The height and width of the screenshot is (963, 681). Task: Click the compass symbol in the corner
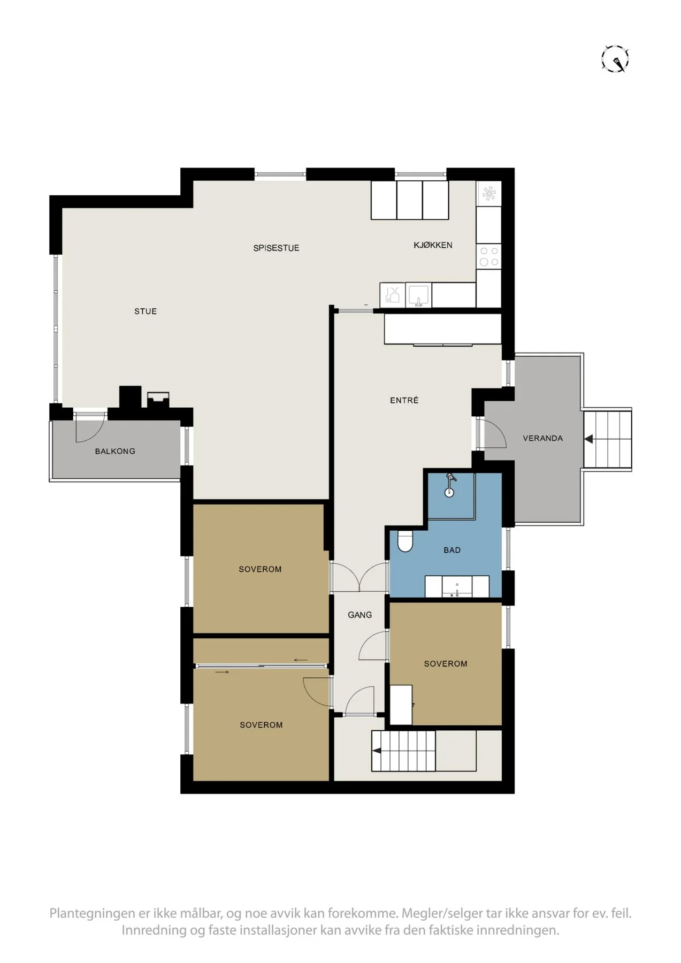615,59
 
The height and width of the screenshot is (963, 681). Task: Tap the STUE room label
146,311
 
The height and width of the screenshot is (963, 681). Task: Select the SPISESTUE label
276,248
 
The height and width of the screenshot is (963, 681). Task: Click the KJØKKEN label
433,245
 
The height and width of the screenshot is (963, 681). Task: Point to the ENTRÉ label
404,400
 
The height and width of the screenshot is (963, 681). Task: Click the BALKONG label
115,451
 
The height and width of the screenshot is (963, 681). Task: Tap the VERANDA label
542,438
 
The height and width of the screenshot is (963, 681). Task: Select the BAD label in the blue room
452,550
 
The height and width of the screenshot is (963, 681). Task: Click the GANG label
359,615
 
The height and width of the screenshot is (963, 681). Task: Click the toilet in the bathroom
405,541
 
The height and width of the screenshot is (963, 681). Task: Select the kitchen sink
418,295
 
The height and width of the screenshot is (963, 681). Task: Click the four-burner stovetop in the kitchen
489,256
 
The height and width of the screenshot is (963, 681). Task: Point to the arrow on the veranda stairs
588,439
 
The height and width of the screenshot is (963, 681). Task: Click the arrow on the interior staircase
377,751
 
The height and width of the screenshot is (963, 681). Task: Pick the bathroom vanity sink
457,587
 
